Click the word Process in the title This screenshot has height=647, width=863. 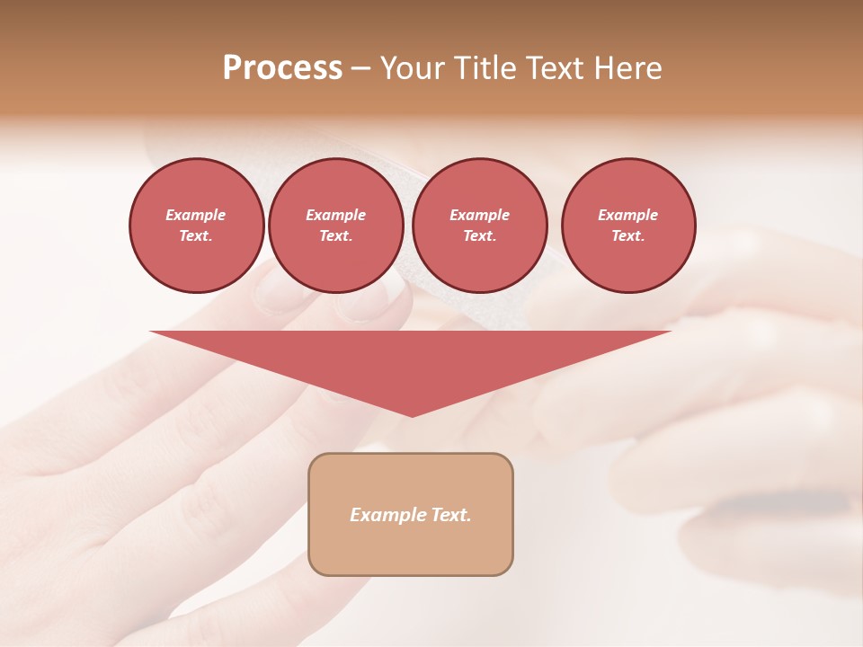coord(282,68)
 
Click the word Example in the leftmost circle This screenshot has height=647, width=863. coord(196,215)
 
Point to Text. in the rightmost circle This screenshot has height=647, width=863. coord(627,236)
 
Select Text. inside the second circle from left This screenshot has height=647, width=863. coord(335,236)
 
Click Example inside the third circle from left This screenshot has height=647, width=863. coord(479,215)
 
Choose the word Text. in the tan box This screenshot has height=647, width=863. coord(450,515)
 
